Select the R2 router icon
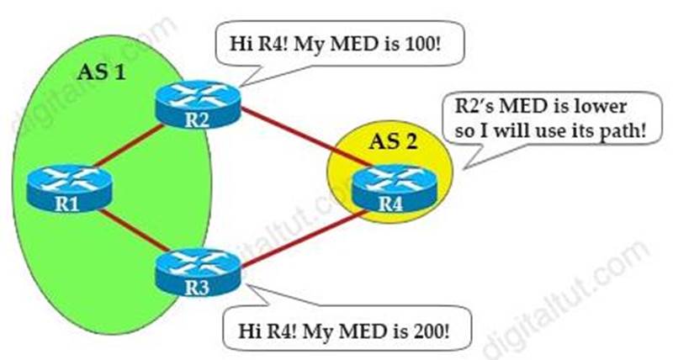point(198,103)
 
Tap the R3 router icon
point(198,272)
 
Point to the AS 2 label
point(393,140)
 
